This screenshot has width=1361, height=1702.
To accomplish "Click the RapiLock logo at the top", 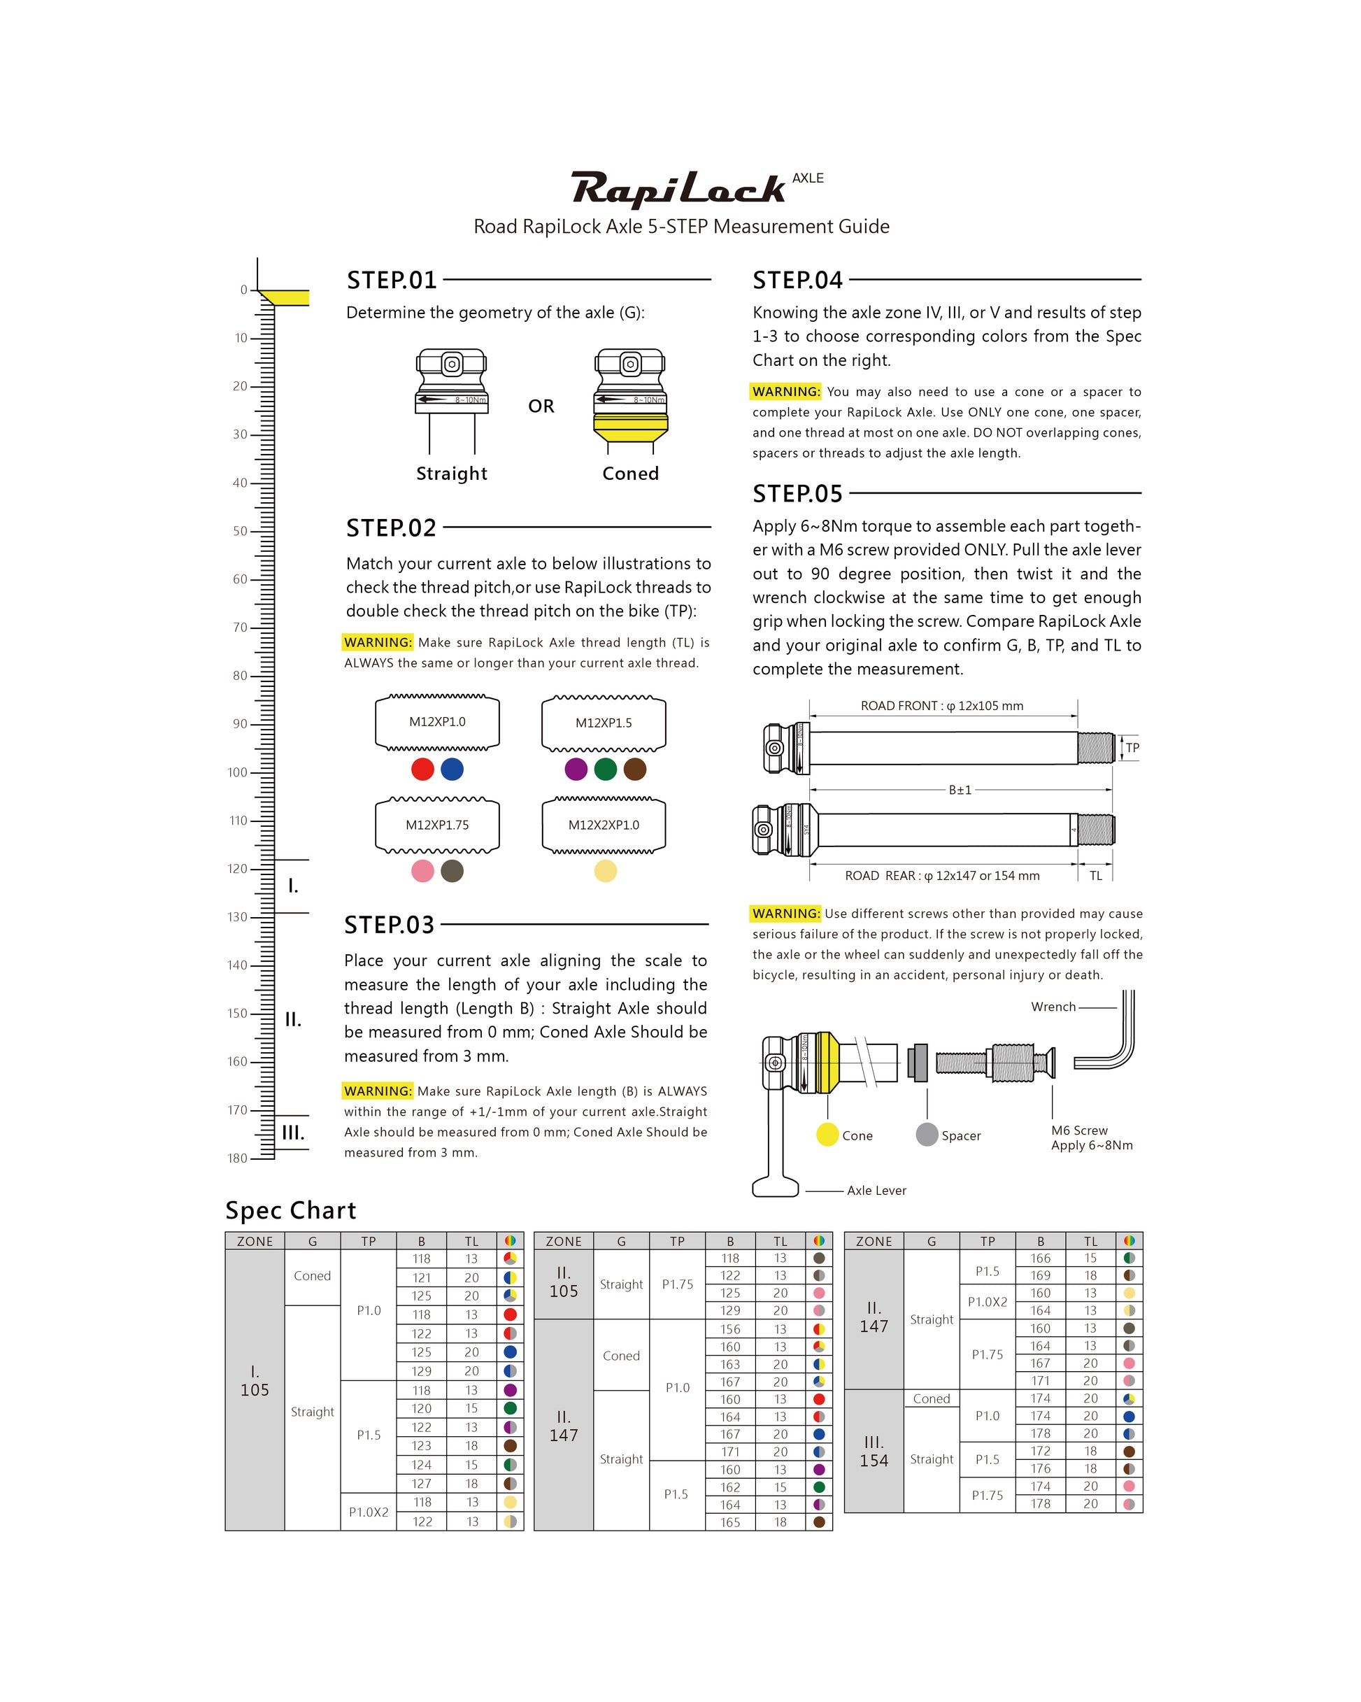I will tap(678, 189).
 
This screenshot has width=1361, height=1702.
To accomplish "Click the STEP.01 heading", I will tap(392, 281).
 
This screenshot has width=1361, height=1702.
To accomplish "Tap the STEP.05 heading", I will tap(797, 494).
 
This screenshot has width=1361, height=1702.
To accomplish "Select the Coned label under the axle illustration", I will tap(630, 474).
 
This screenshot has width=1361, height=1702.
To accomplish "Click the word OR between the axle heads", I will tap(541, 406).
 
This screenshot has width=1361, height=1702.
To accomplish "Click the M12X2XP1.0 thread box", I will tap(604, 825).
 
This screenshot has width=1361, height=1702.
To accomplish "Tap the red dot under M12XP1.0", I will tap(422, 769).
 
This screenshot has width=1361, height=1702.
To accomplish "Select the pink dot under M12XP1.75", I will tap(422, 871).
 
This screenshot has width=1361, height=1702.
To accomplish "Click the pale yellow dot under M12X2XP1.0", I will tap(606, 871).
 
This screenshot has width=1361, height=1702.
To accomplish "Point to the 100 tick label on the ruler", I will tap(238, 772).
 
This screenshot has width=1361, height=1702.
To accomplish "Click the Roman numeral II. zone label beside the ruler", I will tap(293, 1019).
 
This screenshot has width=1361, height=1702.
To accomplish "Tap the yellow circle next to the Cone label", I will tap(827, 1135).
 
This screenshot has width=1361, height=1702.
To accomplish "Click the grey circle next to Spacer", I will tap(927, 1135).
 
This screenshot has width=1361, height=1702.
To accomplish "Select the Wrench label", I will tap(1053, 1007).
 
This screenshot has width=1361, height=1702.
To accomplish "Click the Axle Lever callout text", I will tap(876, 1191).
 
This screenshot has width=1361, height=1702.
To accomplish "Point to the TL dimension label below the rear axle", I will tap(1096, 875).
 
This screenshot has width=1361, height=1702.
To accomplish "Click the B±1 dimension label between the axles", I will tap(960, 789).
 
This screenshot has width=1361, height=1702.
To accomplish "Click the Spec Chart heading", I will tap(290, 1210).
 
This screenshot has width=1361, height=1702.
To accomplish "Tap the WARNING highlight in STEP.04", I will tap(785, 392).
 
